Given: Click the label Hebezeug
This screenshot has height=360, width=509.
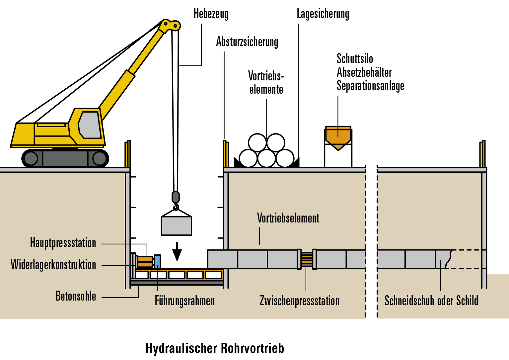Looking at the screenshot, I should tap(211, 14).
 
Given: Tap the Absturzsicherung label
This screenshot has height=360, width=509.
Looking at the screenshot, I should tap(247, 42).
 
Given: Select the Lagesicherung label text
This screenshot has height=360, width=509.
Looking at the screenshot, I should tap(323, 14).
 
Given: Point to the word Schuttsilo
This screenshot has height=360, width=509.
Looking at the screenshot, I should tap(355, 59).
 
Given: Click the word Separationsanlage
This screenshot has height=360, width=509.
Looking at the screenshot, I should tap(370, 86).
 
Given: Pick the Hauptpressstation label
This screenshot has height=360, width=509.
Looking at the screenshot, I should tap(63, 243).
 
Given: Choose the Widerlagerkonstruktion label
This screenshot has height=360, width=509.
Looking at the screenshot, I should tap(53, 265).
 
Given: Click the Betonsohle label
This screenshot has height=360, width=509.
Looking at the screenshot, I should tap(76, 296).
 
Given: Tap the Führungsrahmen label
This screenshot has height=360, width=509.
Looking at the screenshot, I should tap(185, 301).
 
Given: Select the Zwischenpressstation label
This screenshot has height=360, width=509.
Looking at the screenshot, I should tap(299, 301).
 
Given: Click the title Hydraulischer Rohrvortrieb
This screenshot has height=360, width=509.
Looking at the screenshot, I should tap(215, 348).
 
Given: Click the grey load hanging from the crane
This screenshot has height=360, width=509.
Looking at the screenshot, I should tap(176, 225).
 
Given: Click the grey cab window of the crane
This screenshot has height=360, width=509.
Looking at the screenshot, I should tap(90, 125).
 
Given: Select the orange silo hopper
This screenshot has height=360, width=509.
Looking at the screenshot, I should tap(338, 137).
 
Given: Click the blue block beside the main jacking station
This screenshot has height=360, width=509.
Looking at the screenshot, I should tap(157, 261).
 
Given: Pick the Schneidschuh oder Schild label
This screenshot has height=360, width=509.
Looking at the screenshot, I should tap(431, 301).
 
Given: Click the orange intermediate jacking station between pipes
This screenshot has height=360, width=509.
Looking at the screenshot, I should tap(307, 259).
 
